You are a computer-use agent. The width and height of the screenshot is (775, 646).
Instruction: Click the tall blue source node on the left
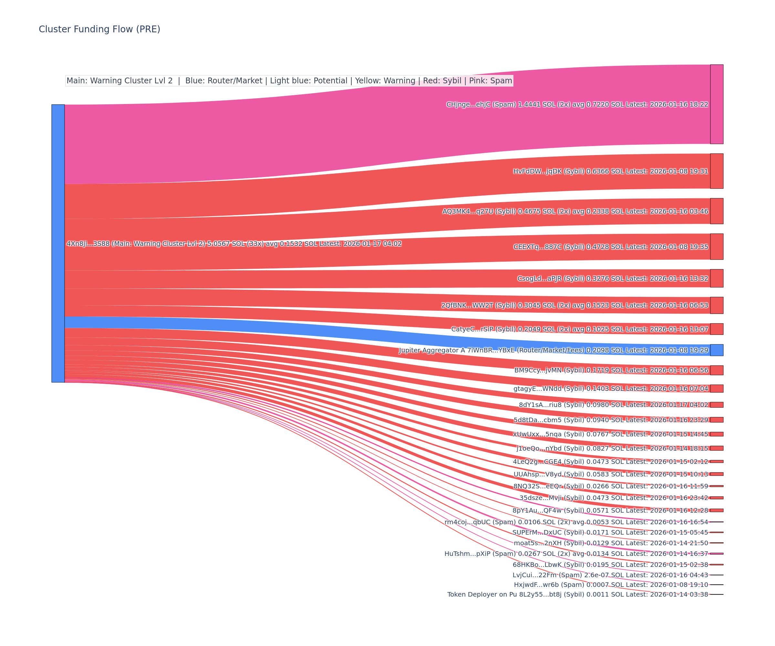(58, 243)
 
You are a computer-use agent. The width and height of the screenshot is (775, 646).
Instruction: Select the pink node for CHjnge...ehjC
(716, 104)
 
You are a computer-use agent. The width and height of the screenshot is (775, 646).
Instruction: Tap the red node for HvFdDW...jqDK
(716, 171)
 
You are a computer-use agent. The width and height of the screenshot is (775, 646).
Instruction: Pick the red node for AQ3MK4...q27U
(716, 211)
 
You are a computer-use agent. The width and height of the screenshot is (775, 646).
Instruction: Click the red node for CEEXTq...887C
(716, 246)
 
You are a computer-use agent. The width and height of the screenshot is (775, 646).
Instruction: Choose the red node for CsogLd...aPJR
(716, 278)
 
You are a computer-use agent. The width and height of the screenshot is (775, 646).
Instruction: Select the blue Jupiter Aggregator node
(716, 350)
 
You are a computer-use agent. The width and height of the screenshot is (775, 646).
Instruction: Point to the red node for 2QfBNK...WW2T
(716, 305)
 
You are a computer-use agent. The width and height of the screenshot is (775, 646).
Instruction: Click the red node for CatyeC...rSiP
(716, 329)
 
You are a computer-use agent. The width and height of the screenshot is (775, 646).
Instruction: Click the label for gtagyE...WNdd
(610, 388)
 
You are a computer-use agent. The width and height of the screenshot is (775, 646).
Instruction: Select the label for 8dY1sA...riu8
(613, 405)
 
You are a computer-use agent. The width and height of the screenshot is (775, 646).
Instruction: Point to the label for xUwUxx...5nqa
(610, 434)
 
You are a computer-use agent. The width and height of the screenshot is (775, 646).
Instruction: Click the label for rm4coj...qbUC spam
(576, 522)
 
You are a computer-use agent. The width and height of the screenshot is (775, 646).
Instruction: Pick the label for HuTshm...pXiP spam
(576, 554)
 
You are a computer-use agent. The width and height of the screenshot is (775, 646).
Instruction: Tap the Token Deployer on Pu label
(578, 594)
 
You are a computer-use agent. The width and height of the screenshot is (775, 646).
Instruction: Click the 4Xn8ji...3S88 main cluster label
(234, 244)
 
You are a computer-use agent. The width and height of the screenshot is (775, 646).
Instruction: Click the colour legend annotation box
(289, 80)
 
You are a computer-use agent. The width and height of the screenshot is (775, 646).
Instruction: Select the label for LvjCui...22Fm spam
(610, 575)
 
